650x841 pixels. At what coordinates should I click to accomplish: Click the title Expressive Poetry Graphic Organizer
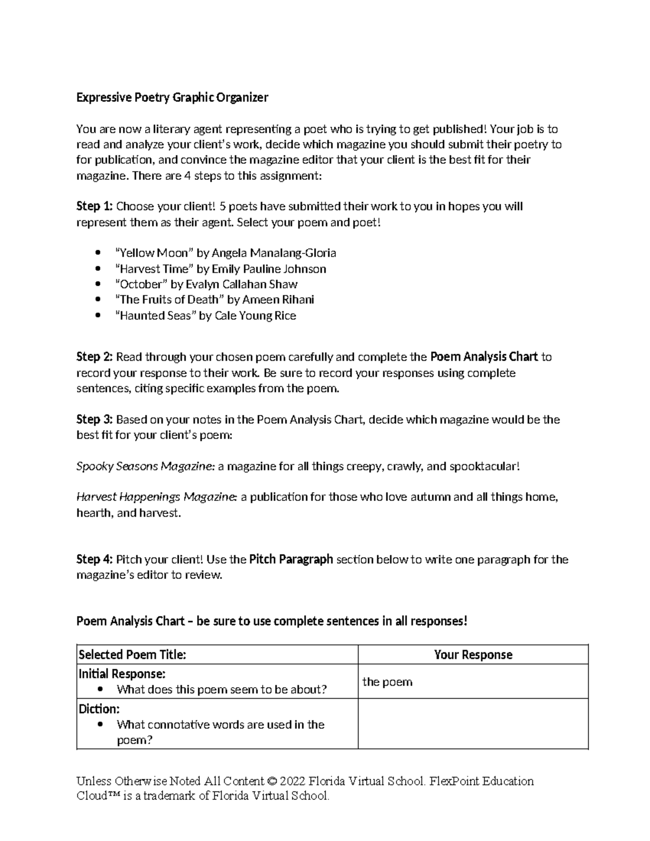coord(172,98)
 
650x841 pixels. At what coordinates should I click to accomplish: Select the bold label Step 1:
coord(94,206)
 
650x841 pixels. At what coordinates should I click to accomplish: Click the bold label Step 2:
coord(94,357)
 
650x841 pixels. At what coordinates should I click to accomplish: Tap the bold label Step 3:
coord(94,420)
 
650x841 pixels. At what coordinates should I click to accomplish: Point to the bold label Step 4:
coord(94,559)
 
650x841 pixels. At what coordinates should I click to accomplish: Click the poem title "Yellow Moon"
coord(154,253)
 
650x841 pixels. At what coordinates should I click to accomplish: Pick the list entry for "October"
coord(206,284)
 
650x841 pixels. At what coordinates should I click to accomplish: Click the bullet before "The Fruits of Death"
coord(97,299)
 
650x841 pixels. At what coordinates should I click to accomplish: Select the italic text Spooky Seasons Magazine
coord(145,466)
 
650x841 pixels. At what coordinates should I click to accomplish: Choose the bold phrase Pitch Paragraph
coord(291,559)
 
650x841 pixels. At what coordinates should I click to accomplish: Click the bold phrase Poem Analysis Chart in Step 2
coord(484,357)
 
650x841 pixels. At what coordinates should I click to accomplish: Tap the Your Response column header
coord(473,655)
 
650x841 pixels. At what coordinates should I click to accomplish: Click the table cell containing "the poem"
coord(473,682)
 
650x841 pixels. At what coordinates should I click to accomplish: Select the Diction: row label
coord(99,709)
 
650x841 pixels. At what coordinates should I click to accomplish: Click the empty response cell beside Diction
coord(473,723)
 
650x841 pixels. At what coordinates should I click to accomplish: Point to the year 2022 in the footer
coord(292,781)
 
